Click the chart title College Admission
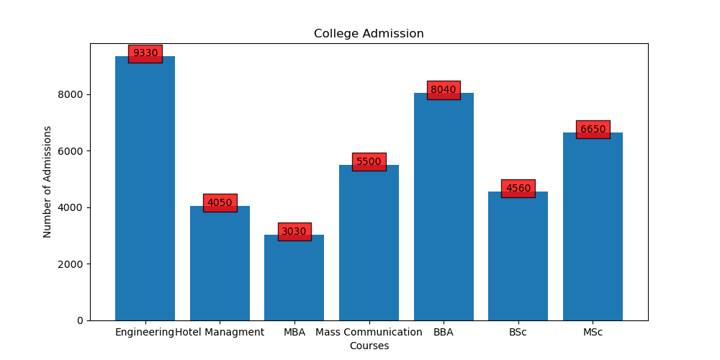pos(369,34)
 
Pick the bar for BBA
pos(444,209)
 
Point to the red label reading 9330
pos(145,53)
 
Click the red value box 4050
pos(220,203)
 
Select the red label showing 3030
pos(294,232)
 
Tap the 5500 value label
pos(369,162)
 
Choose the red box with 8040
pos(444,90)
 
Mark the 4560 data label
pos(518,189)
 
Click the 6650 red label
pos(593,130)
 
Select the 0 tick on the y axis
pos(80,320)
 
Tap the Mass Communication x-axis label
pos(369,333)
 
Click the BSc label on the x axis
pos(518,333)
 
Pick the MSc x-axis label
pos(593,333)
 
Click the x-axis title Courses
pos(369,346)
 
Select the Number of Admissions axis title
pos(48,181)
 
